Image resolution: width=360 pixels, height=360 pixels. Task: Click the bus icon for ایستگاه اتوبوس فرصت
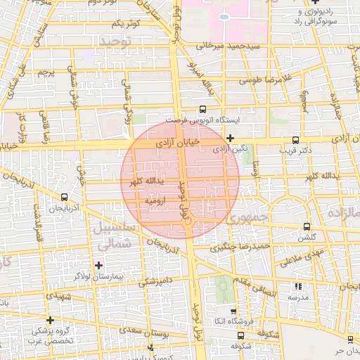[203, 109]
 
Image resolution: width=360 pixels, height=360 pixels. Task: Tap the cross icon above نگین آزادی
[230, 137]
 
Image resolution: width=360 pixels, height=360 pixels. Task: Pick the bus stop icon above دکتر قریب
[295, 139]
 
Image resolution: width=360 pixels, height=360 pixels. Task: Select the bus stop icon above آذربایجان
[65, 197]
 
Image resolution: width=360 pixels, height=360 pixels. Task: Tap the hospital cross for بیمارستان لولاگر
[98, 265]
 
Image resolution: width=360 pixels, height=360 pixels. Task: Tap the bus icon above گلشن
[306, 226]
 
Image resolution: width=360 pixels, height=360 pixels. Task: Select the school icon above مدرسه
[297, 286]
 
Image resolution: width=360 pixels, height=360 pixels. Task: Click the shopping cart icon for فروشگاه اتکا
[233, 311]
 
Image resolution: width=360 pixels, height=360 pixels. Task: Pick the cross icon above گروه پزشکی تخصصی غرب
[50, 320]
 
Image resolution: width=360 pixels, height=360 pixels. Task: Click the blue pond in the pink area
[224, 16]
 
